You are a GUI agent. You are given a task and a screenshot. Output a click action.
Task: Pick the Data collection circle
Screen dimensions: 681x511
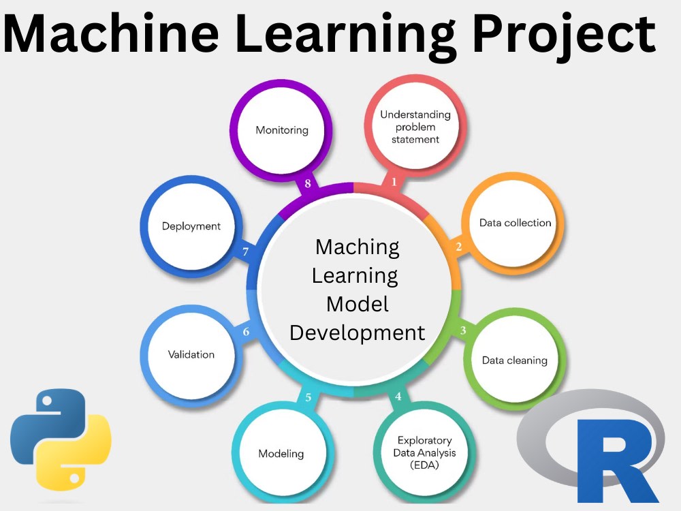coord(515,223)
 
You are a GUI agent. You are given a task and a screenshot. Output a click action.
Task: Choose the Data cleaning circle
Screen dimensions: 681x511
coord(514,360)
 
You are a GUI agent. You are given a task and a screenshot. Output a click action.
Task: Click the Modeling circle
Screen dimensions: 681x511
coord(281,453)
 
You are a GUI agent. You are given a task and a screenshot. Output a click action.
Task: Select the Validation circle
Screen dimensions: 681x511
coord(191,354)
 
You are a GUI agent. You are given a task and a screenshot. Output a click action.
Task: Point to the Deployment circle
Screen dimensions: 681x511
coord(191,226)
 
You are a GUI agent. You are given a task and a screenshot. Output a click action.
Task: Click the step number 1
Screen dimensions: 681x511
coord(393,182)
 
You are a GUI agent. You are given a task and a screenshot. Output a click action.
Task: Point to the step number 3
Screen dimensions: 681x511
coord(463,331)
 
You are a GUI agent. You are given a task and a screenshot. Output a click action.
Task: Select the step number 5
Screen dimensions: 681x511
coord(308,397)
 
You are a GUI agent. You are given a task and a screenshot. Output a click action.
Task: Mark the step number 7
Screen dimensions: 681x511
coord(246,252)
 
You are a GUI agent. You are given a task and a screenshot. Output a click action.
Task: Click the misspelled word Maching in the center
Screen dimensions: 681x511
coord(357,247)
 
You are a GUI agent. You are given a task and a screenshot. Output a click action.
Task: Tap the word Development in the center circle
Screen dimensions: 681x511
coord(357,332)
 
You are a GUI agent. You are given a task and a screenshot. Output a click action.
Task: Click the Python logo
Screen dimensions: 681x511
coord(61,440)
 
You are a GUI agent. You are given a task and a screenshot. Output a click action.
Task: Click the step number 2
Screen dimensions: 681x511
coord(458,247)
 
